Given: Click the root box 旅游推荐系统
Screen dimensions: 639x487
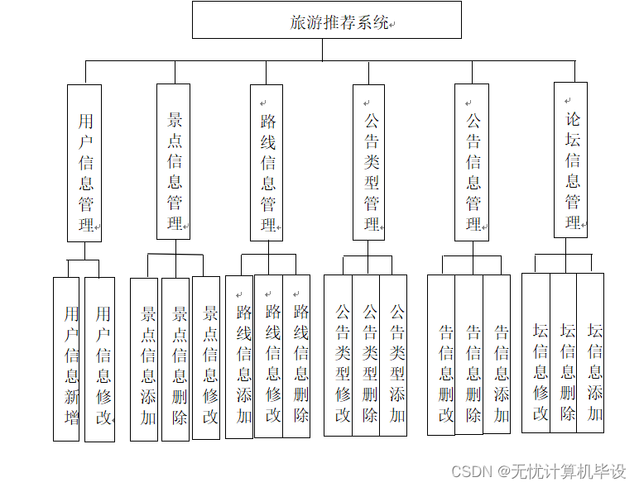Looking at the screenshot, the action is (326, 21).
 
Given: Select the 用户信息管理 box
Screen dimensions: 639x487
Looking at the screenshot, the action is (84, 163).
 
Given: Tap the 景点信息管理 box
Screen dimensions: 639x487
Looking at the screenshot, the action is (173, 161).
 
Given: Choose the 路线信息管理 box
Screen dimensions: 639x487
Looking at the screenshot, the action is (267, 163).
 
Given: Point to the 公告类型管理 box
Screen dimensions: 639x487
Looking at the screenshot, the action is (369, 163).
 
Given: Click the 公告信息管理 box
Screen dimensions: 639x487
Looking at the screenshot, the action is (471, 163).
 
